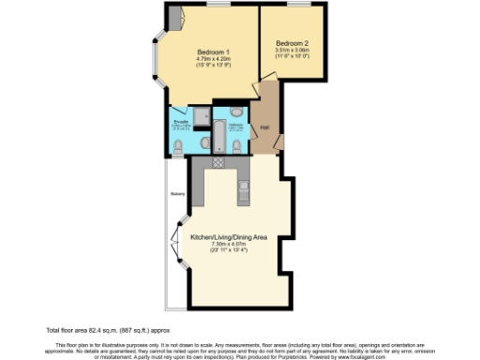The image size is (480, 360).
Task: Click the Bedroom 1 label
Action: tap(214, 52)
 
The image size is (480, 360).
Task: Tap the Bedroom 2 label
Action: tap(292, 43)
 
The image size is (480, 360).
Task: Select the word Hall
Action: tap(265, 127)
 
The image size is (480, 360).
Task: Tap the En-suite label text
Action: tap(181, 121)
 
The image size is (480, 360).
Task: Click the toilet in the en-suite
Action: tap(179, 145)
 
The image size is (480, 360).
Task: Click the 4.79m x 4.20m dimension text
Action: tap(214, 60)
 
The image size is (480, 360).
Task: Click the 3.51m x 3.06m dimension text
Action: tap(292, 51)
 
